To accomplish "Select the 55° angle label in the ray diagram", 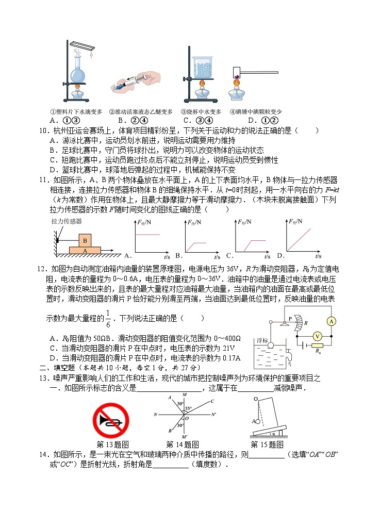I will coord(189,408).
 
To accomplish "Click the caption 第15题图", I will coord(267,444).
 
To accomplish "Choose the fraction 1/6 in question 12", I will coord(108,319).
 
